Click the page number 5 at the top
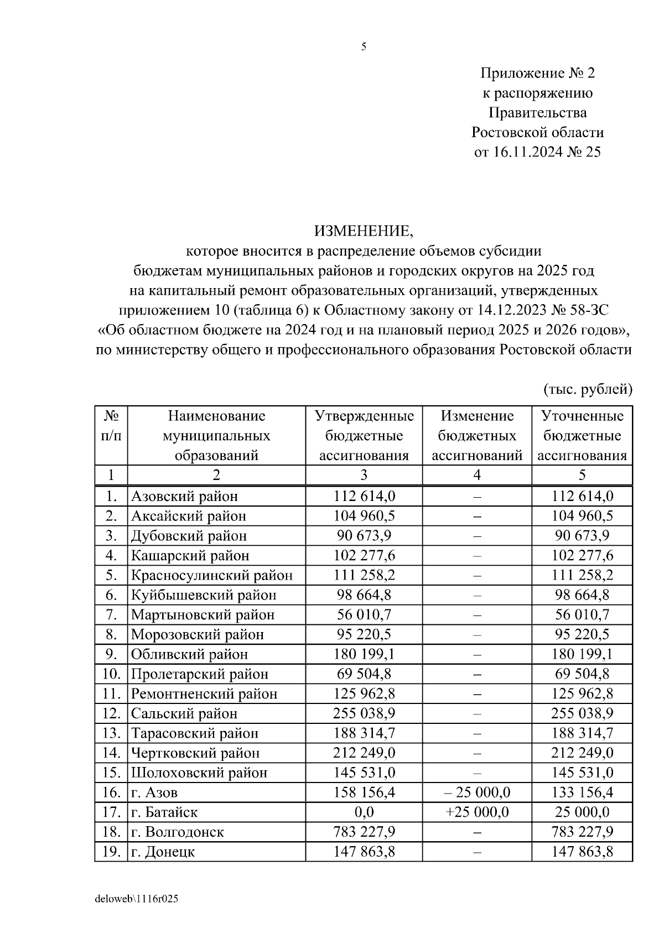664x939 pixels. pyautogui.click(x=364, y=47)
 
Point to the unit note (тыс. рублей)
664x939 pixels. pyautogui.click(x=588, y=389)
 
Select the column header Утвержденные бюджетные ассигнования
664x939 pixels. pyautogui.click(x=364, y=436)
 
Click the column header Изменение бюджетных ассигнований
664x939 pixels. pyautogui.click(x=477, y=436)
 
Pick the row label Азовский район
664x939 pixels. pyautogui.click(x=185, y=497)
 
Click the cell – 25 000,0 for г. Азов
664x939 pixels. pyautogui.click(x=477, y=792)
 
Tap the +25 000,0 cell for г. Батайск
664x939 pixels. pyautogui.click(x=477, y=812)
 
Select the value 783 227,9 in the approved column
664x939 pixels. pyautogui.click(x=364, y=832)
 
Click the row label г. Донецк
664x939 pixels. pyautogui.click(x=163, y=852)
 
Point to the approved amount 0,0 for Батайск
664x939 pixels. pyautogui.click(x=364, y=812)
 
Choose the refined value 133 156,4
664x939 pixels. pyautogui.click(x=582, y=792)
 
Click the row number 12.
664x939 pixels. pyautogui.click(x=111, y=713)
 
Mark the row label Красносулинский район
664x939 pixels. pyautogui.click(x=212, y=576)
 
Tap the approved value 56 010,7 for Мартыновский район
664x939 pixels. pyautogui.click(x=364, y=615)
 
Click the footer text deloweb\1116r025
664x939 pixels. pyautogui.click(x=137, y=899)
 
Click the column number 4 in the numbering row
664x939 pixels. pyautogui.click(x=477, y=475)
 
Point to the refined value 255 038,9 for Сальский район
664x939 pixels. pyautogui.click(x=582, y=713)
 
